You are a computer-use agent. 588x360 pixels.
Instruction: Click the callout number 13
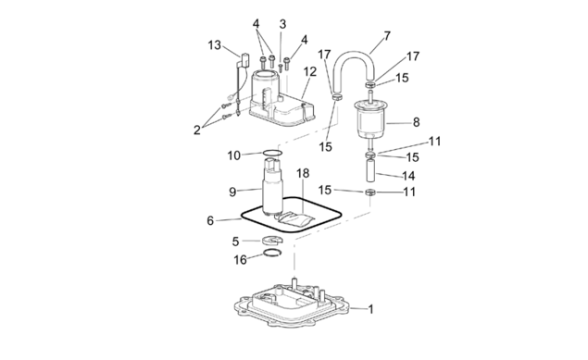(x=215, y=45)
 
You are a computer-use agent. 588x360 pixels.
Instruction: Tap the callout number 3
(x=282, y=24)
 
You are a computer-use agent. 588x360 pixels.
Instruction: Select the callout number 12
(x=310, y=71)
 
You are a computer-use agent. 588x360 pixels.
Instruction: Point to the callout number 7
(x=387, y=36)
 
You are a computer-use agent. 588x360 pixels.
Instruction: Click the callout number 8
(x=417, y=122)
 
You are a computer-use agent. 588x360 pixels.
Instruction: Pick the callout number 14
(x=408, y=176)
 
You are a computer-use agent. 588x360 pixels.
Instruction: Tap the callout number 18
(x=303, y=173)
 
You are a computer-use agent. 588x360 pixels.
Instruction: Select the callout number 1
(x=371, y=309)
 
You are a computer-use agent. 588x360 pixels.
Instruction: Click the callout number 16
(x=241, y=260)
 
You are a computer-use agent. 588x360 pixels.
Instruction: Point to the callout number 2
(x=197, y=130)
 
